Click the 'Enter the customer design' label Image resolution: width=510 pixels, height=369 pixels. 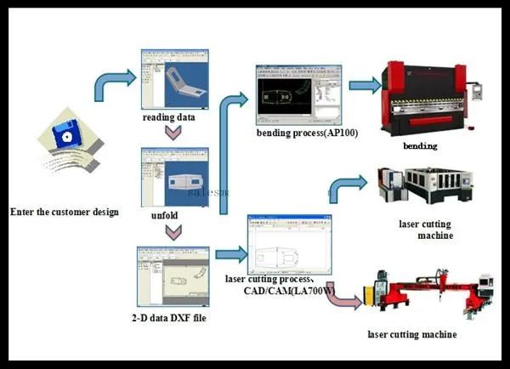(65, 212)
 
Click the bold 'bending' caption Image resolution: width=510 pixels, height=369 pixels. (420, 146)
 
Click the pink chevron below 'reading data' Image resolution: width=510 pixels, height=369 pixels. (173, 133)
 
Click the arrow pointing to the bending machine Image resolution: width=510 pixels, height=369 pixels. (363, 85)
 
